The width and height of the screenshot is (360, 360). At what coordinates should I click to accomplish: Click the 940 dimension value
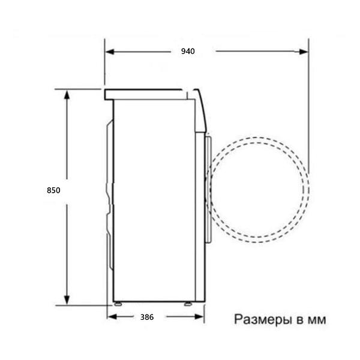[x=188, y=52]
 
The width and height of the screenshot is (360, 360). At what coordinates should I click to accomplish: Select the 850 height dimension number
[x=53, y=190]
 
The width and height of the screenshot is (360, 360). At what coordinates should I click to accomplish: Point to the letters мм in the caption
[x=316, y=320]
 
